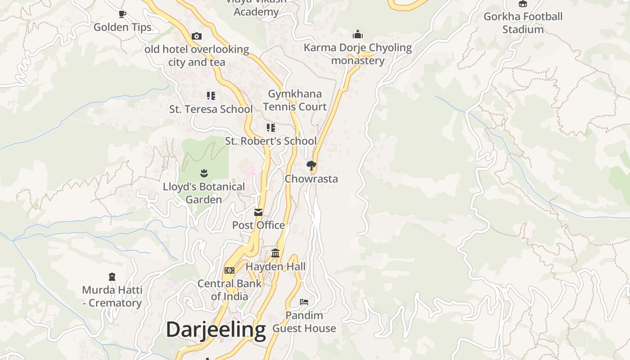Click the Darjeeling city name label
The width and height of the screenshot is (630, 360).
click(x=216, y=330)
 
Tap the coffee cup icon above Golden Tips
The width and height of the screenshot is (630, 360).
click(x=122, y=14)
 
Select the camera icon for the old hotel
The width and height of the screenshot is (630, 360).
click(x=197, y=36)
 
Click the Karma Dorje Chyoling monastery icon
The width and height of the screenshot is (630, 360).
click(x=358, y=34)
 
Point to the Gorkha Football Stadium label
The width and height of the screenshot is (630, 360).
click(x=523, y=23)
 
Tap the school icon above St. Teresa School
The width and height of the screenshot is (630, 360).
click(x=211, y=95)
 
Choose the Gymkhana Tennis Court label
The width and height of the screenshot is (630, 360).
click(x=295, y=100)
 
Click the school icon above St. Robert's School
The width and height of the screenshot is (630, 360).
click(x=270, y=128)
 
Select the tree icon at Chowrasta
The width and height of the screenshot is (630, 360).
click(x=311, y=166)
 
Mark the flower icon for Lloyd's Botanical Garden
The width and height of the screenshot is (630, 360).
click(x=204, y=173)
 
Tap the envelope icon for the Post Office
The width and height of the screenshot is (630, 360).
click(x=258, y=212)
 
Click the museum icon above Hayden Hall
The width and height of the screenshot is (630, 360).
click(x=275, y=253)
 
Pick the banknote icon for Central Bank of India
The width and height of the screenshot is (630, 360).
click(x=229, y=270)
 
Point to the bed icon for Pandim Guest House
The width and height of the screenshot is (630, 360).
click(x=304, y=301)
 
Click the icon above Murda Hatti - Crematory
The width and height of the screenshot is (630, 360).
click(x=112, y=277)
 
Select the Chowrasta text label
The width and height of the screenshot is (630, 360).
click(x=311, y=179)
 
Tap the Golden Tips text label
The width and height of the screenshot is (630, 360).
click(x=122, y=27)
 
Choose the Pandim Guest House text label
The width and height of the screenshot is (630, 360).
click(x=304, y=322)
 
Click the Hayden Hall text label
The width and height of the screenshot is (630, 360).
click(x=275, y=266)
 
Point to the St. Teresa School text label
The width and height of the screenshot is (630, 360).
click(x=211, y=109)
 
